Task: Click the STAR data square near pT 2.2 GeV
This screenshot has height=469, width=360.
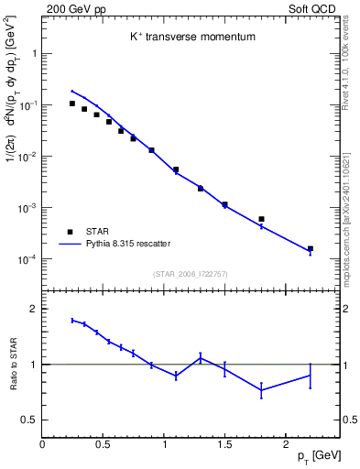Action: tap(311, 248)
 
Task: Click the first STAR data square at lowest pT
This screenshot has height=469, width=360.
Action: tap(72, 104)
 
